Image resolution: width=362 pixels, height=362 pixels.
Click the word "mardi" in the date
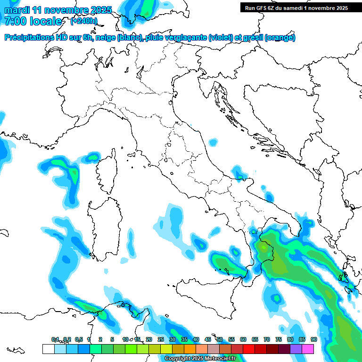[x=17, y=10]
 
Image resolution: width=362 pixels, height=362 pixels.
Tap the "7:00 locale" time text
[x=33, y=21]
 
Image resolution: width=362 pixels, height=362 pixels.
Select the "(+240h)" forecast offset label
[x=83, y=21]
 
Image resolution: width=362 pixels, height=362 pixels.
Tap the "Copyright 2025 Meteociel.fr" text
[x=200, y=359]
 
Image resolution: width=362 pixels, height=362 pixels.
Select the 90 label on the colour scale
[x=313, y=339]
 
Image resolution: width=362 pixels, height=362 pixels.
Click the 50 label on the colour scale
[x=219, y=339]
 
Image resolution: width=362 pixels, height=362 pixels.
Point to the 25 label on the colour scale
[x=160, y=339]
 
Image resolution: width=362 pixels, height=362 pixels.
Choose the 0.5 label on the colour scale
[x=79, y=339]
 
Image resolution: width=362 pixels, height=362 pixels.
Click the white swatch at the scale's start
[x=48, y=349]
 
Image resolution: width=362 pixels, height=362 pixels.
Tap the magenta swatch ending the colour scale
[x=308, y=349]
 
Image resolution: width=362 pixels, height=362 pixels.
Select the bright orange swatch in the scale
[x=189, y=349]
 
